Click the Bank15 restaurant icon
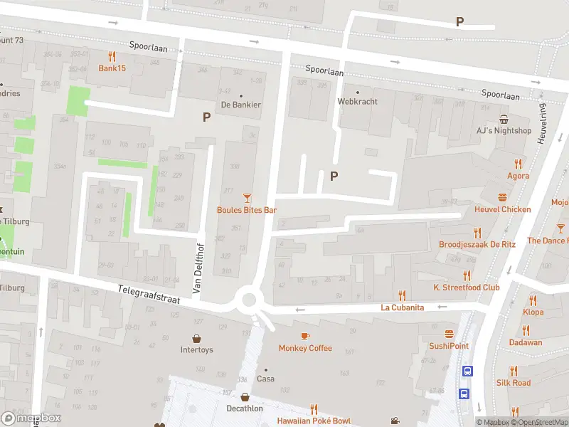tap(111, 56)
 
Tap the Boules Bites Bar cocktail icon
tap(247, 198)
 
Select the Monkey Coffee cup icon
tap(305, 336)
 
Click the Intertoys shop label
tap(196, 350)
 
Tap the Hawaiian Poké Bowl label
tap(314, 421)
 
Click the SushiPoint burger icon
tap(449, 334)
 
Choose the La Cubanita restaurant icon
tap(402, 295)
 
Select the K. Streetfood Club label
tap(467, 288)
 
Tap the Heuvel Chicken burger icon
tap(503, 197)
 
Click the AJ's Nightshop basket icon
tap(504, 119)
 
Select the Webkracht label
tap(357, 101)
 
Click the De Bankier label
tap(240, 105)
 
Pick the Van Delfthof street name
tap(198, 268)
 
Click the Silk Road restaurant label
tap(514, 383)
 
